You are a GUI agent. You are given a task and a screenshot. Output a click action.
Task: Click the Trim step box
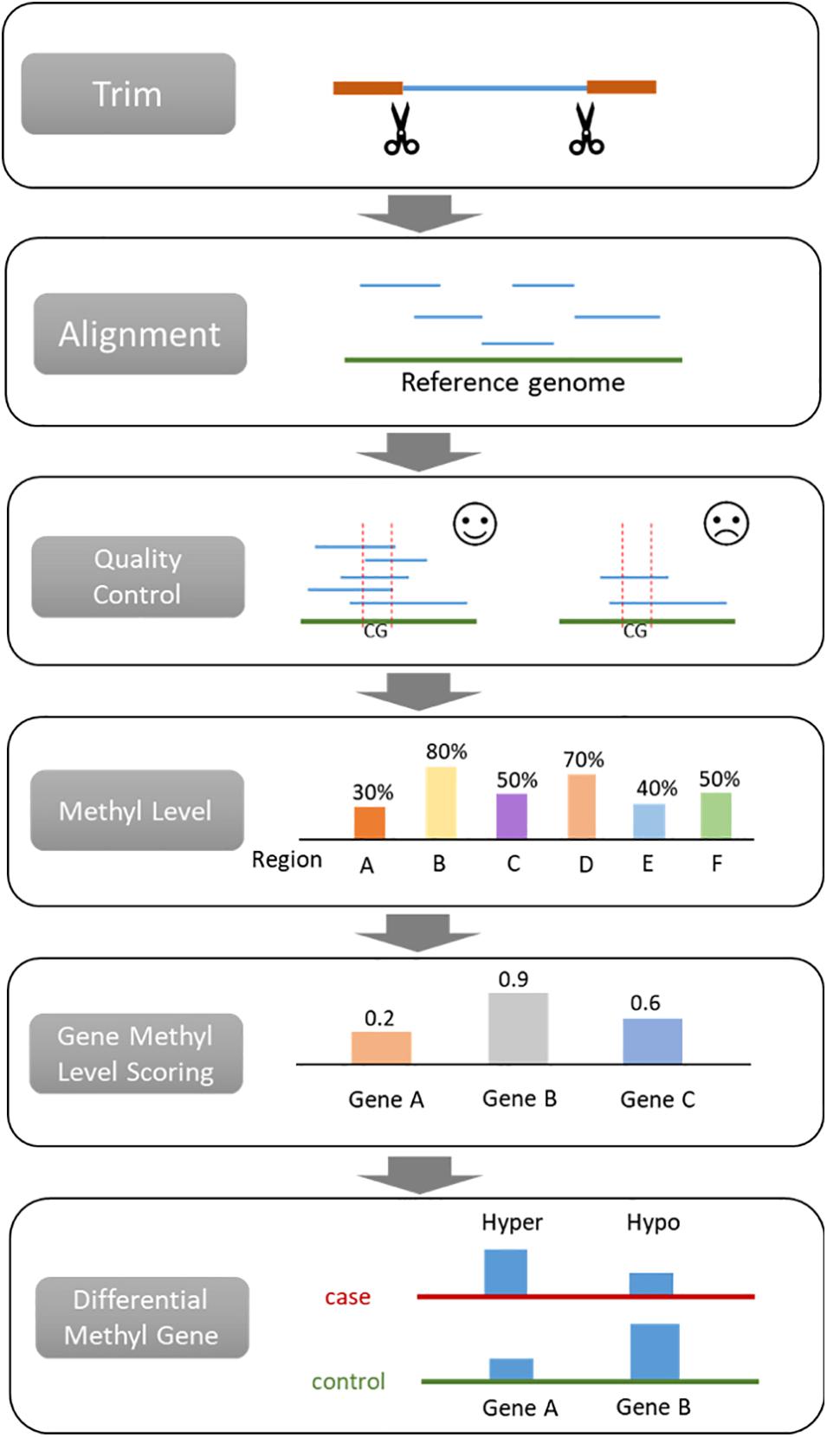pyautogui.click(x=128, y=93)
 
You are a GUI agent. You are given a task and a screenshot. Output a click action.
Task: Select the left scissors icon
pyautogui.click(x=401, y=129)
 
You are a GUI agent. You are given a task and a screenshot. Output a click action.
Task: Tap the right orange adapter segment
pyautogui.click(x=621, y=87)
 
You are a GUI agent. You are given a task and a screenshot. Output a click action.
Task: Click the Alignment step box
pyautogui.click(x=140, y=334)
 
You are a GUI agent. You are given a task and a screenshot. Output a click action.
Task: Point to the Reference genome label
pyautogui.click(x=513, y=383)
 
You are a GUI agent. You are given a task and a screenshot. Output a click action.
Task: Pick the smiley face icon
pyautogui.click(x=475, y=524)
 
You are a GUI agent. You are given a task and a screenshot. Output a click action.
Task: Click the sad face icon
pyautogui.click(x=726, y=524)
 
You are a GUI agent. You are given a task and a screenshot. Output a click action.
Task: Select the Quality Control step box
pyautogui.click(x=138, y=577)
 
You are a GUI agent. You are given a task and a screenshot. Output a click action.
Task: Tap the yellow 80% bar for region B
pyautogui.click(x=441, y=802)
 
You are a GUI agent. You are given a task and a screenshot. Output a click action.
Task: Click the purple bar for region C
pyautogui.click(x=512, y=816)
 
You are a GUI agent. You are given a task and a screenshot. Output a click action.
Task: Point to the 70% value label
pyautogui.click(x=584, y=760)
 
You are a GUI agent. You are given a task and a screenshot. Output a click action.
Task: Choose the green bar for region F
pyautogui.click(x=716, y=815)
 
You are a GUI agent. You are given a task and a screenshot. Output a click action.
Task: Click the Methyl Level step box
pyautogui.click(x=137, y=810)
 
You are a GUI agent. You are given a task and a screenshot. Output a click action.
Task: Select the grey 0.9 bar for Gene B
pyautogui.click(x=518, y=1028)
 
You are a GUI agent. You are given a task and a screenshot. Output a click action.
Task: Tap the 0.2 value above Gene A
pyautogui.click(x=379, y=1018)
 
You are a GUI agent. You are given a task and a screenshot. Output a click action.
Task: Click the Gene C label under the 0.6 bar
pyautogui.click(x=657, y=1099)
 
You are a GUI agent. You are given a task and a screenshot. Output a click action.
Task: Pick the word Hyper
pyautogui.click(x=512, y=1222)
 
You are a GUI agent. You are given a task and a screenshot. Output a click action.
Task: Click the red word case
pyautogui.click(x=347, y=1297)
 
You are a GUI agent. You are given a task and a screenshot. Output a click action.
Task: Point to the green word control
pyautogui.click(x=348, y=1381)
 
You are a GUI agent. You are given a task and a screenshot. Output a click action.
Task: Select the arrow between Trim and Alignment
pyautogui.click(x=419, y=213)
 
